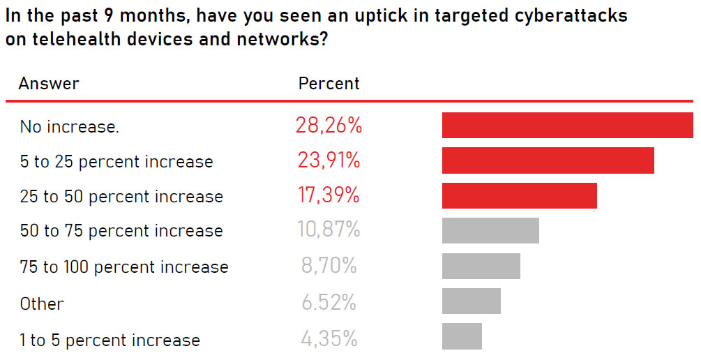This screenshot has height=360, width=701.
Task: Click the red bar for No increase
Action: [x=567, y=125]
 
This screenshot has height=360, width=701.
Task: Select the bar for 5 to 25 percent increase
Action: [x=548, y=160]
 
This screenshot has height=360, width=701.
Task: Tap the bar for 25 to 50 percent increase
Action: [x=519, y=195]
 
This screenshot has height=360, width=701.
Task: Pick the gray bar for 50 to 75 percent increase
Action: [x=490, y=230]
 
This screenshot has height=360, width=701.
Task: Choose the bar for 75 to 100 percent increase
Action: [x=481, y=266]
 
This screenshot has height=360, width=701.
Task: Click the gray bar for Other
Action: [x=471, y=301]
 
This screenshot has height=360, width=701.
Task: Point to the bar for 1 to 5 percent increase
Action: [x=462, y=336]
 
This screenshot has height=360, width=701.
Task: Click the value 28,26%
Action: [x=329, y=126]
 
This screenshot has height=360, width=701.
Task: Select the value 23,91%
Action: [x=328, y=161]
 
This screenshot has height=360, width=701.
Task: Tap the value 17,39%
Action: [x=329, y=196]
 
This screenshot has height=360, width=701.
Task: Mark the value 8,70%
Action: [x=329, y=267]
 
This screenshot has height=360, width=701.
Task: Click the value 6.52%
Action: [x=329, y=303]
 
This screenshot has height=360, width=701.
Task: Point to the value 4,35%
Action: [x=329, y=340]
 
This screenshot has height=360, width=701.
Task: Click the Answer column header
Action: [x=49, y=84]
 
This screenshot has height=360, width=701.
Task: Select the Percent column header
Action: [x=329, y=84]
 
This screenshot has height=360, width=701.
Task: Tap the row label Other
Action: [x=42, y=304]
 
